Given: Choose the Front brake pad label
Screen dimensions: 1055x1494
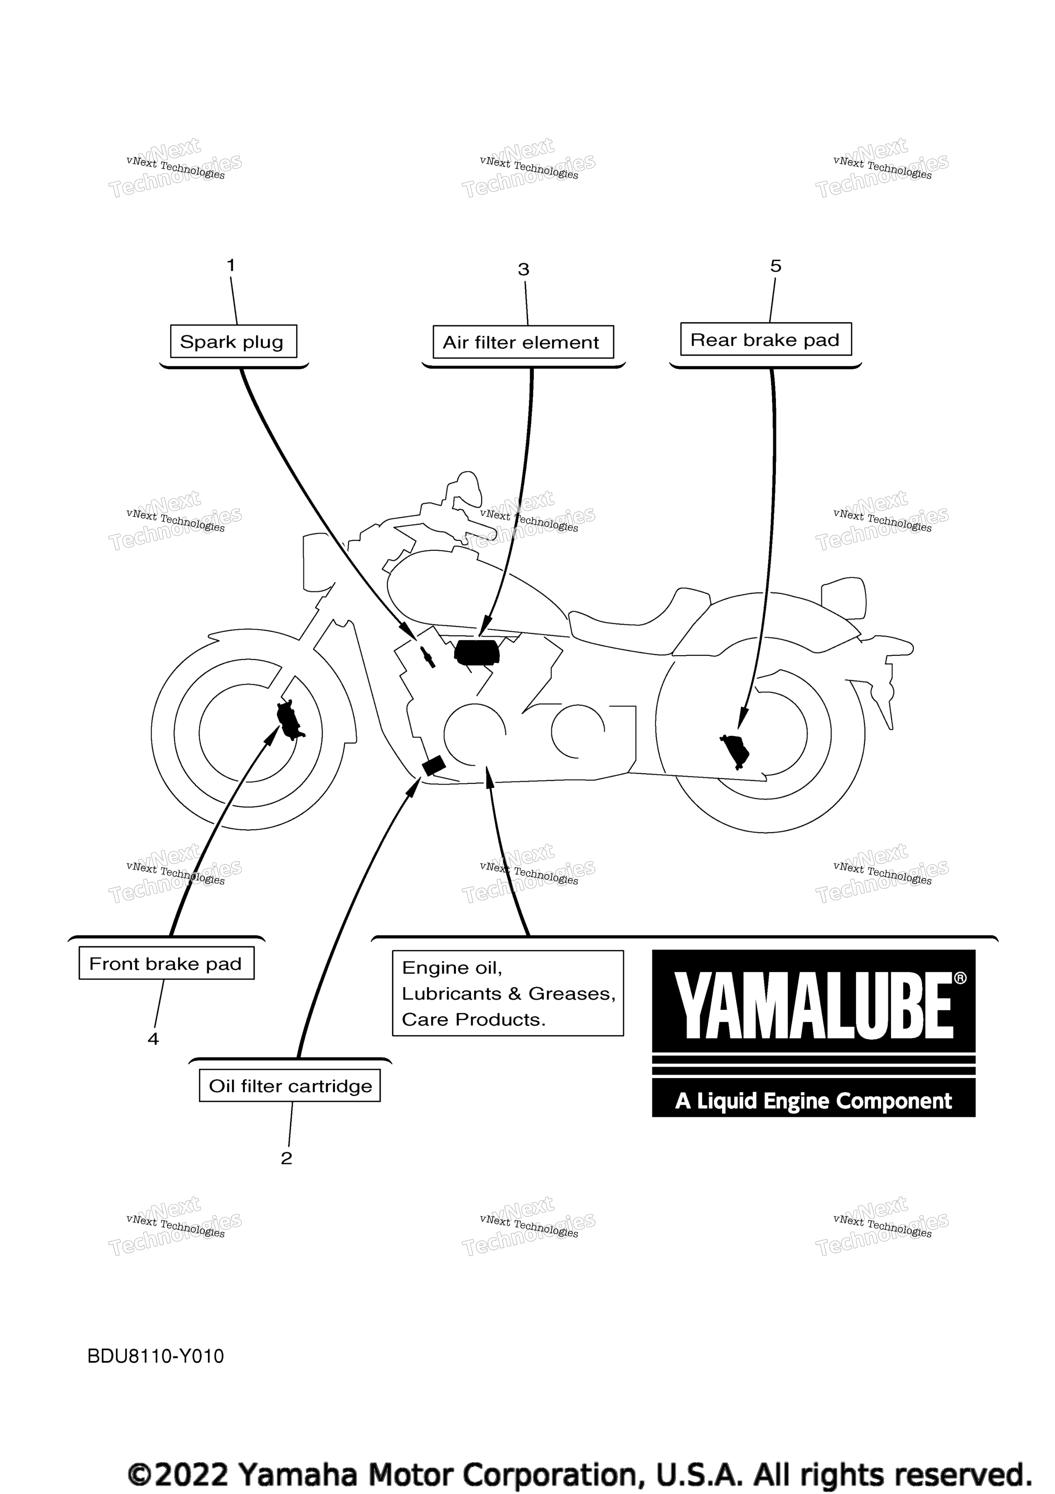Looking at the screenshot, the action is click(x=167, y=963).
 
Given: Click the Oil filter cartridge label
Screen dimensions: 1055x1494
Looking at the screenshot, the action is click(x=290, y=1085).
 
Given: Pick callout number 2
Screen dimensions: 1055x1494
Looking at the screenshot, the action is click(x=286, y=1158).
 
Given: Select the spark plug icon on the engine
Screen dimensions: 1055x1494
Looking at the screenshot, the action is click(x=428, y=657).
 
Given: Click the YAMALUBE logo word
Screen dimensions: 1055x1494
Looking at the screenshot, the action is click(x=814, y=1005).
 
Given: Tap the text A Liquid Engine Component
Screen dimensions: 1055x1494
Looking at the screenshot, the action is click(x=814, y=1101).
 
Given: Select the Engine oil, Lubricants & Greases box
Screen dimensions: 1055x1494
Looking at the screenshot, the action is click(x=508, y=993).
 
